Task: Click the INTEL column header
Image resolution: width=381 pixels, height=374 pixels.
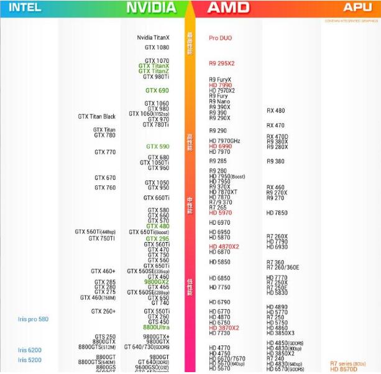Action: [x=25, y=7]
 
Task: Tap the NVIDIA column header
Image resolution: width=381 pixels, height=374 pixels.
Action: [x=151, y=7]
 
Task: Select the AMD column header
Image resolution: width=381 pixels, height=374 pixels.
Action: [x=228, y=7]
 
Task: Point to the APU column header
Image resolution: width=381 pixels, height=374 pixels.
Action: [x=357, y=7]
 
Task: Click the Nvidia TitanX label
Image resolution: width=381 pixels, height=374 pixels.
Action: [x=153, y=38]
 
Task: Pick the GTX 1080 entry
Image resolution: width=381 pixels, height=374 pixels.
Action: [x=157, y=47]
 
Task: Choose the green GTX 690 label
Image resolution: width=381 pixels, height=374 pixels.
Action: [x=157, y=91]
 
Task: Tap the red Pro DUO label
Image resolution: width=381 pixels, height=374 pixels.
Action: [x=221, y=38]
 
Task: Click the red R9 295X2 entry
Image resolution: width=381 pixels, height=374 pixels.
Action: [x=222, y=63]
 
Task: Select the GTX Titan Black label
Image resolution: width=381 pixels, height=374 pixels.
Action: [x=96, y=116]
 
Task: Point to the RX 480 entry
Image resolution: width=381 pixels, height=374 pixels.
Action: [x=275, y=111]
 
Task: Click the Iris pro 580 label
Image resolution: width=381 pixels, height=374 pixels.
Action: [x=33, y=319]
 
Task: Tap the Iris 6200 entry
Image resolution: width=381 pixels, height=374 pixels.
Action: [x=30, y=350]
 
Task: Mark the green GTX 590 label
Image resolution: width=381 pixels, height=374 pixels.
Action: [x=157, y=147]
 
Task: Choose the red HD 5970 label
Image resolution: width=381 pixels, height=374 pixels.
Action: [x=220, y=213]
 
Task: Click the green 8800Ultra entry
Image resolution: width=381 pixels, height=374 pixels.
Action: [x=156, y=327]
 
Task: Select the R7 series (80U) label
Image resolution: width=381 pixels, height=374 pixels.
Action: [x=347, y=363]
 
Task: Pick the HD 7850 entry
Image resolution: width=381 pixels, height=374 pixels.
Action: [x=277, y=213]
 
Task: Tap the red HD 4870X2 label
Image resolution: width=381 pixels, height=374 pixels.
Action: [x=224, y=246]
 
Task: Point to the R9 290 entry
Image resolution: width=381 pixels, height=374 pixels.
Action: [x=218, y=131]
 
